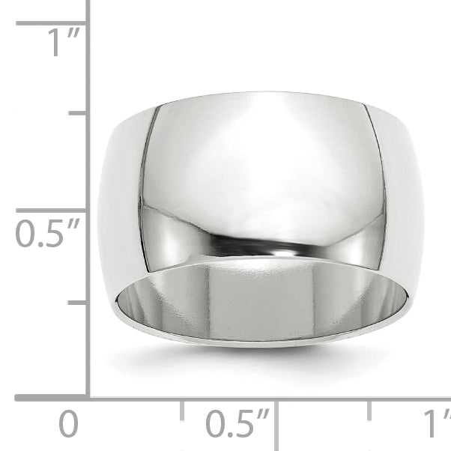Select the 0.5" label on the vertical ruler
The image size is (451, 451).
pos(47,233)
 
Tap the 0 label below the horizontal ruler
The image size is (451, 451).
pos(68,424)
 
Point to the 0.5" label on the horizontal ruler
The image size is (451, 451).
pos(237,423)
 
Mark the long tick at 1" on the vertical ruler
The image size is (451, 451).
pos(51,23)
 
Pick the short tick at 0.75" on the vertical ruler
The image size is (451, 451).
pos(77,113)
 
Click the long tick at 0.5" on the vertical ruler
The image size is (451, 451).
pos(51,211)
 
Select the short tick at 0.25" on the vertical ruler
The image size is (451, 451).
pos(77,303)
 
